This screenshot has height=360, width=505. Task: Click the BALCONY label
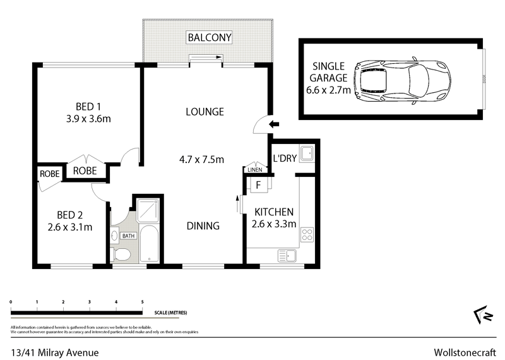pos(209,38)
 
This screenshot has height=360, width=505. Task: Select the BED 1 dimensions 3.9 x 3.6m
pos(89,118)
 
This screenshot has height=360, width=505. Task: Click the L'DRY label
pos(284,158)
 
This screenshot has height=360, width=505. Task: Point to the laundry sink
pos(306,153)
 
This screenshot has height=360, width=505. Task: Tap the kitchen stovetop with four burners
pos(307,235)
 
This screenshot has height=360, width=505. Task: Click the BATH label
pos(129,236)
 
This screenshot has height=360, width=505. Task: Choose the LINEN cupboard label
pos(255,170)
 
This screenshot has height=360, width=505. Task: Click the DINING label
pos(203,225)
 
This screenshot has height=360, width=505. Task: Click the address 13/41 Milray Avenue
pos(54,352)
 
